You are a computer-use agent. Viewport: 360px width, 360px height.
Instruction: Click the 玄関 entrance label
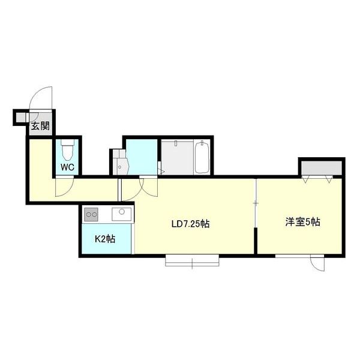(x=40, y=126)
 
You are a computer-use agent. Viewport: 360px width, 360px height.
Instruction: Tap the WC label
(x=67, y=167)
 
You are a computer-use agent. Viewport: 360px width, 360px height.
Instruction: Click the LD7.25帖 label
(x=191, y=224)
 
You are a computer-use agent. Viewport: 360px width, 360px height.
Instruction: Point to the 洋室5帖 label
(x=303, y=222)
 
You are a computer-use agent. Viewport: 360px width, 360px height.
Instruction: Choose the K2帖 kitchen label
(x=105, y=239)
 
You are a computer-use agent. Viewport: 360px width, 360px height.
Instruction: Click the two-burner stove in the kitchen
(x=91, y=214)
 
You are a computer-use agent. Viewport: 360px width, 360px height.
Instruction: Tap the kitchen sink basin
(x=121, y=214)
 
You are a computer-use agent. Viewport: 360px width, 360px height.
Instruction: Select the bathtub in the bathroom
(x=202, y=157)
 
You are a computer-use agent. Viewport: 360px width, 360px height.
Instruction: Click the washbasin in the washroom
(x=121, y=166)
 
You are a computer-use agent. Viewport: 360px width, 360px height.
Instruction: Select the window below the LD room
(x=192, y=260)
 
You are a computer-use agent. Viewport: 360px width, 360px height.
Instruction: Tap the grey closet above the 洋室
(x=322, y=168)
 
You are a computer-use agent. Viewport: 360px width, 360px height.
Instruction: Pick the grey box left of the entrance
(x=21, y=118)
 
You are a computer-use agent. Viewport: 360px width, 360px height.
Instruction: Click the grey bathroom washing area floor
(x=177, y=158)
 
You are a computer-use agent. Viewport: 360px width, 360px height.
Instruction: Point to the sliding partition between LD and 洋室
(x=256, y=203)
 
